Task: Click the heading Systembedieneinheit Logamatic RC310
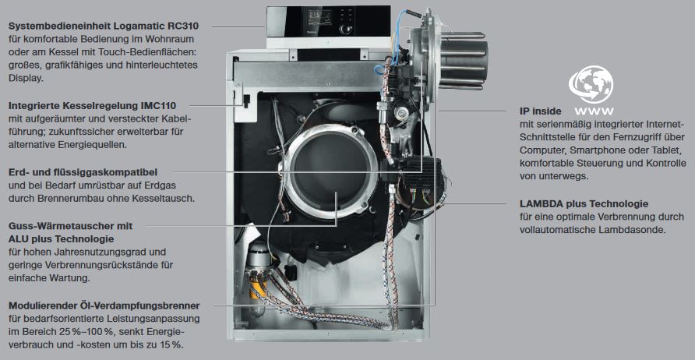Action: (104, 26)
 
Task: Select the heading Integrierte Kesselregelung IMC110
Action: (92, 106)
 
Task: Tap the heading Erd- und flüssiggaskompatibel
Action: (83, 171)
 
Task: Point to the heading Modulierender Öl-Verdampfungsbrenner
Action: (104, 306)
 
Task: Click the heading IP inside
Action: (540, 111)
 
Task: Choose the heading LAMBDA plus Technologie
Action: (584, 204)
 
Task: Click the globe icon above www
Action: (591, 84)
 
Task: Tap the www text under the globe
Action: (594, 111)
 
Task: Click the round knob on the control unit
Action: (344, 30)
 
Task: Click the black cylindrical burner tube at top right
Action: (463, 60)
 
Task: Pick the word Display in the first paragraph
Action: (25, 79)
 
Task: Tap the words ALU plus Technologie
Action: (62, 239)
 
